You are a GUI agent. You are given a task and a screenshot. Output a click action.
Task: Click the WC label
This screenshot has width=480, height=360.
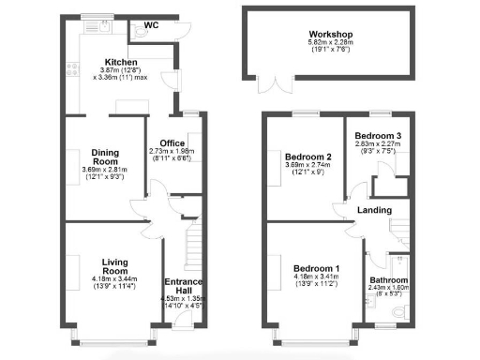pos(150,25)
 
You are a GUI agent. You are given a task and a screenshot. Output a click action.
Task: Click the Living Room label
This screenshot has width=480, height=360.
pos(114,265)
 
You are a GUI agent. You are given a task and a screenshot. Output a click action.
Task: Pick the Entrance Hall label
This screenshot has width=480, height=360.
pos(183,286)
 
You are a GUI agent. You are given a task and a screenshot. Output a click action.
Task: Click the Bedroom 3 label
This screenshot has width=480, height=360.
pos(378,137)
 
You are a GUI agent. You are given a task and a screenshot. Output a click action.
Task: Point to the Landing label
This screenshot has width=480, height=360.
pos(362,211)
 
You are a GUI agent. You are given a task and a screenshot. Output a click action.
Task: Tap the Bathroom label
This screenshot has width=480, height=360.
pos(387,280)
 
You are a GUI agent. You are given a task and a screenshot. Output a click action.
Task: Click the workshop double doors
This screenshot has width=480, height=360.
pos(275,85)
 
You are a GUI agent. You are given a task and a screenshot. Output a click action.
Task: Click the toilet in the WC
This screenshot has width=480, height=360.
pos(139,37)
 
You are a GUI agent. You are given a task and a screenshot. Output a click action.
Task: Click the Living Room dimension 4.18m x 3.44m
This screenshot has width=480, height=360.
pos(114,281)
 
